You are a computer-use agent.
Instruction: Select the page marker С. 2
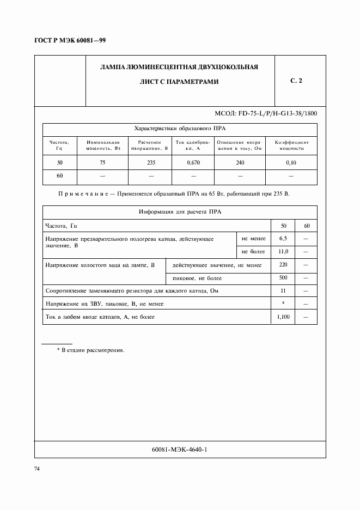point(296,81)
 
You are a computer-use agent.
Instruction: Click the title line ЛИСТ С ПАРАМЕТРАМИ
point(179,82)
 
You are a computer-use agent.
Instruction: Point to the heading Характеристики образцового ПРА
point(179,129)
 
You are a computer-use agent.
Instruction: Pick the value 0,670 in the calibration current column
point(193,163)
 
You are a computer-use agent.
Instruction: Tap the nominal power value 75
point(102,163)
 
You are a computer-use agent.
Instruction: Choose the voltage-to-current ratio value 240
point(240,163)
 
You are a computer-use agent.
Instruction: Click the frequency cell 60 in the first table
point(60,177)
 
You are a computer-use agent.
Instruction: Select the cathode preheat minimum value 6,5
point(283,239)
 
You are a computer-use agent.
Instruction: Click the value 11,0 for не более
point(283,252)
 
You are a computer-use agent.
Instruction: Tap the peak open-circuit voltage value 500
point(283,278)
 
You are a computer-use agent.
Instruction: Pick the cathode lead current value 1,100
point(283,317)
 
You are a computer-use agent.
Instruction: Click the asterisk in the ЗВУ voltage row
point(283,303)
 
